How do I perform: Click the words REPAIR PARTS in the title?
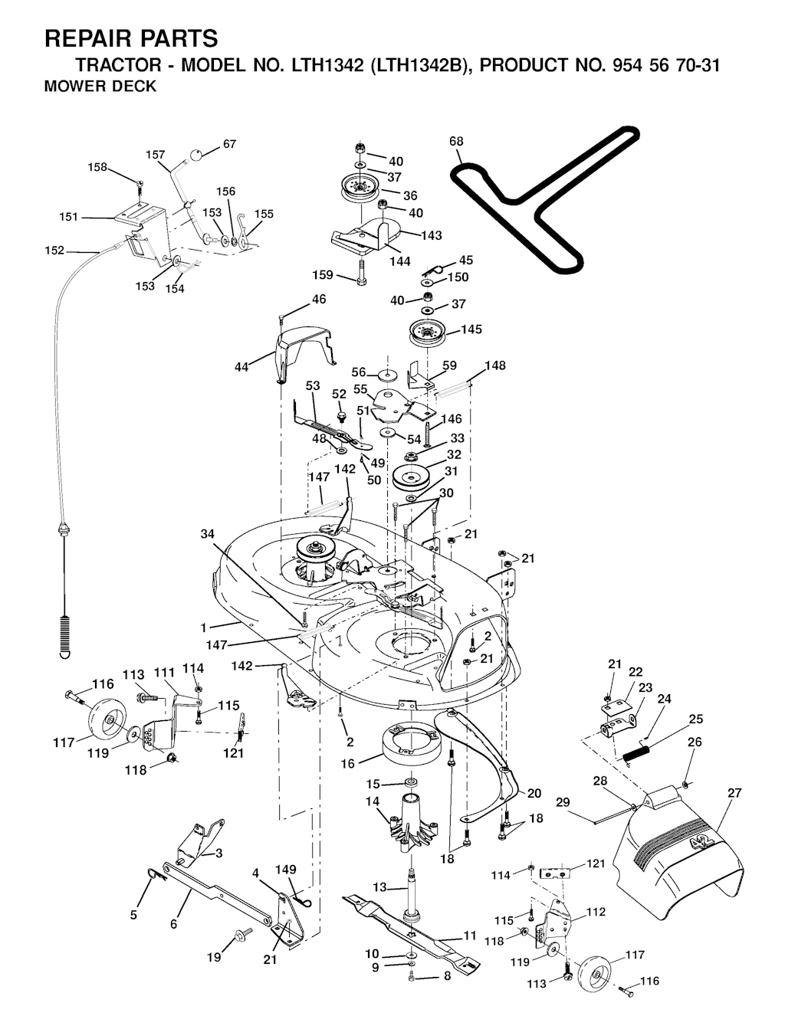[131, 38]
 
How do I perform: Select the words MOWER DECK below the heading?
[100, 87]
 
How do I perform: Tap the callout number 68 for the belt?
[456, 142]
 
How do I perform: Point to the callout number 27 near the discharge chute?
[734, 793]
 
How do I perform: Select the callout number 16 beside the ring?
[348, 764]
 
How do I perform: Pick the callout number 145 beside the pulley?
[471, 329]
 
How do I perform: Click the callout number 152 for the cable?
[55, 250]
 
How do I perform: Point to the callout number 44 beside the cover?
[242, 367]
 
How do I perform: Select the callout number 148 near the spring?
[495, 365]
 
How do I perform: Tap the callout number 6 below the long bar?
[173, 924]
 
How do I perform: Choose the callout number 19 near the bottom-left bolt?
[214, 956]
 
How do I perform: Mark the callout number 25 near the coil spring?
[695, 719]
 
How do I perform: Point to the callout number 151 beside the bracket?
[69, 218]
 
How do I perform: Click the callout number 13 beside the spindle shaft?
[380, 886]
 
